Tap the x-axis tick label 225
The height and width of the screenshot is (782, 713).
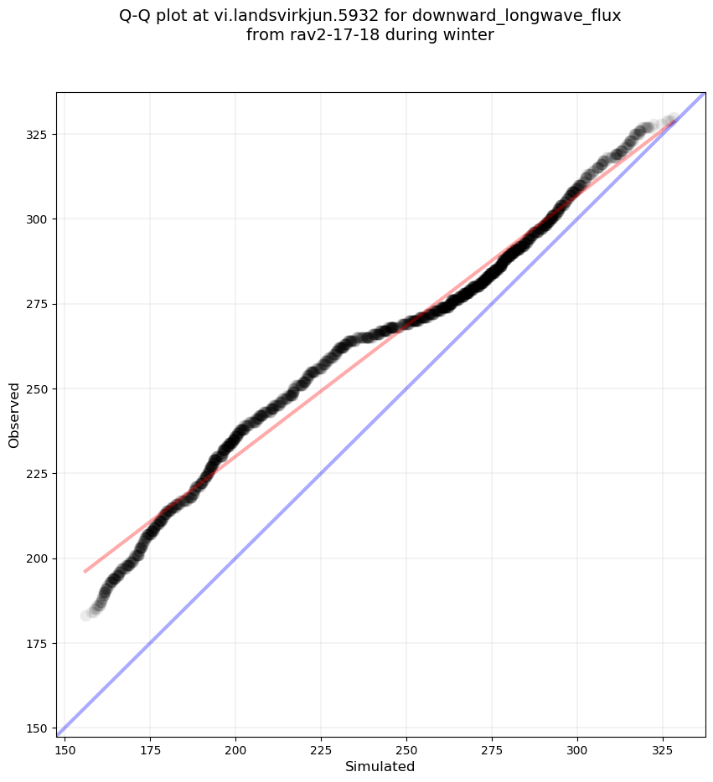(321, 747)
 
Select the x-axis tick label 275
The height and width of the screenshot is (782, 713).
(492, 747)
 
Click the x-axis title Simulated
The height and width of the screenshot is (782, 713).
(380, 766)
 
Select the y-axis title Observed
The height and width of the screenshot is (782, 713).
(14, 414)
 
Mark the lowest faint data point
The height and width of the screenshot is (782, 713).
(86, 615)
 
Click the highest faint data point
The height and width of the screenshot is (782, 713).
(672, 119)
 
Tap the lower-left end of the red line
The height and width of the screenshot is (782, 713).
(85, 572)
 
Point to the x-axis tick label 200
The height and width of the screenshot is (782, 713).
(235, 747)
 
